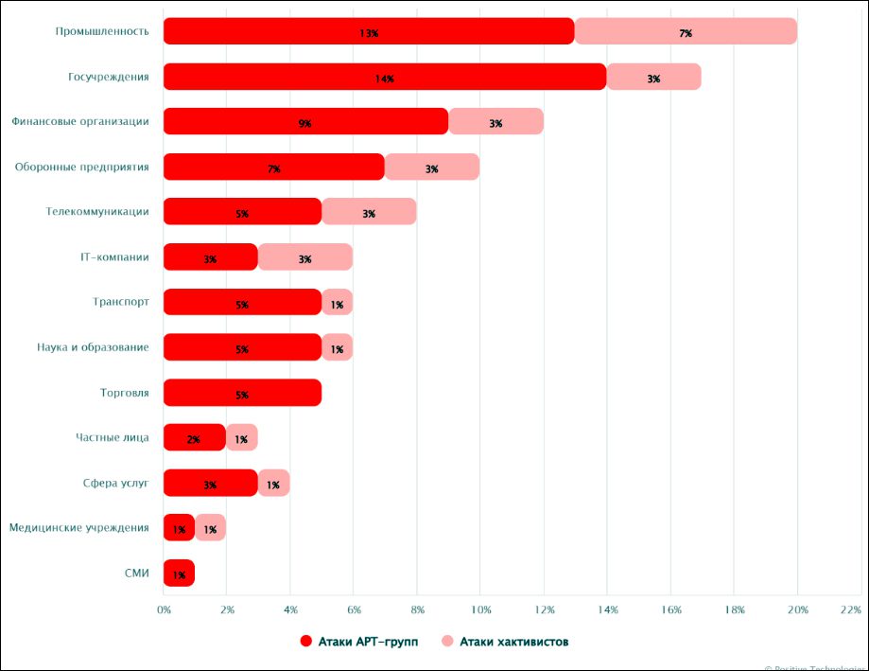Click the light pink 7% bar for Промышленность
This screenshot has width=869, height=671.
pyautogui.click(x=686, y=31)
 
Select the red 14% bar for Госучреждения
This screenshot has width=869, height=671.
pyautogui.click(x=384, y=77)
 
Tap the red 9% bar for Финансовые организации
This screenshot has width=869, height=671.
pyautogui.click(x=305, y=122)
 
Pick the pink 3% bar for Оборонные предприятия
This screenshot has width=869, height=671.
pyautogui.click(x=432, y=168)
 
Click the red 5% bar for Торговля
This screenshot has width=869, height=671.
pyautogui.click(x=242, y=393)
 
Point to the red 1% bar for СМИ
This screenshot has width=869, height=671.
pyautogui.click(x=179, y=574)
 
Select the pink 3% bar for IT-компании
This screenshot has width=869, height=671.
pyautogui.click(x=305, y=257)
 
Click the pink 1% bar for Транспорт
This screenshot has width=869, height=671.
pyautogui.click(x=338, y=303)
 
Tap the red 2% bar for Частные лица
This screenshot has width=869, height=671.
pyautogui.click(x=194, y=437)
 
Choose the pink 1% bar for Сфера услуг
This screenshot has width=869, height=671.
pyautogui.click(x=273, y=483)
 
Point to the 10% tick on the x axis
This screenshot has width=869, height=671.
pyautogui.click(x=480, y=609)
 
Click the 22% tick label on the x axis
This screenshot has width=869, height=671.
pyautogui.click(x=849, y=609)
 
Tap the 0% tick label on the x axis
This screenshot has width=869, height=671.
pyautogui.click(x=164, y=609)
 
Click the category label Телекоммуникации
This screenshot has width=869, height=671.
pyautogui.click(x=97, y=212)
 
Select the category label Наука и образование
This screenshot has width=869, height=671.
pyautogui.click(x=93, y=347)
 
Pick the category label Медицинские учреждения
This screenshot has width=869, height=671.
pyautogui.click(x=79, y=527)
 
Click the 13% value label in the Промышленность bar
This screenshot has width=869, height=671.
pyautogui.click(x=369, y=32)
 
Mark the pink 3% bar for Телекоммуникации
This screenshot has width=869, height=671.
pyautogui.click(x=369, y=212)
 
